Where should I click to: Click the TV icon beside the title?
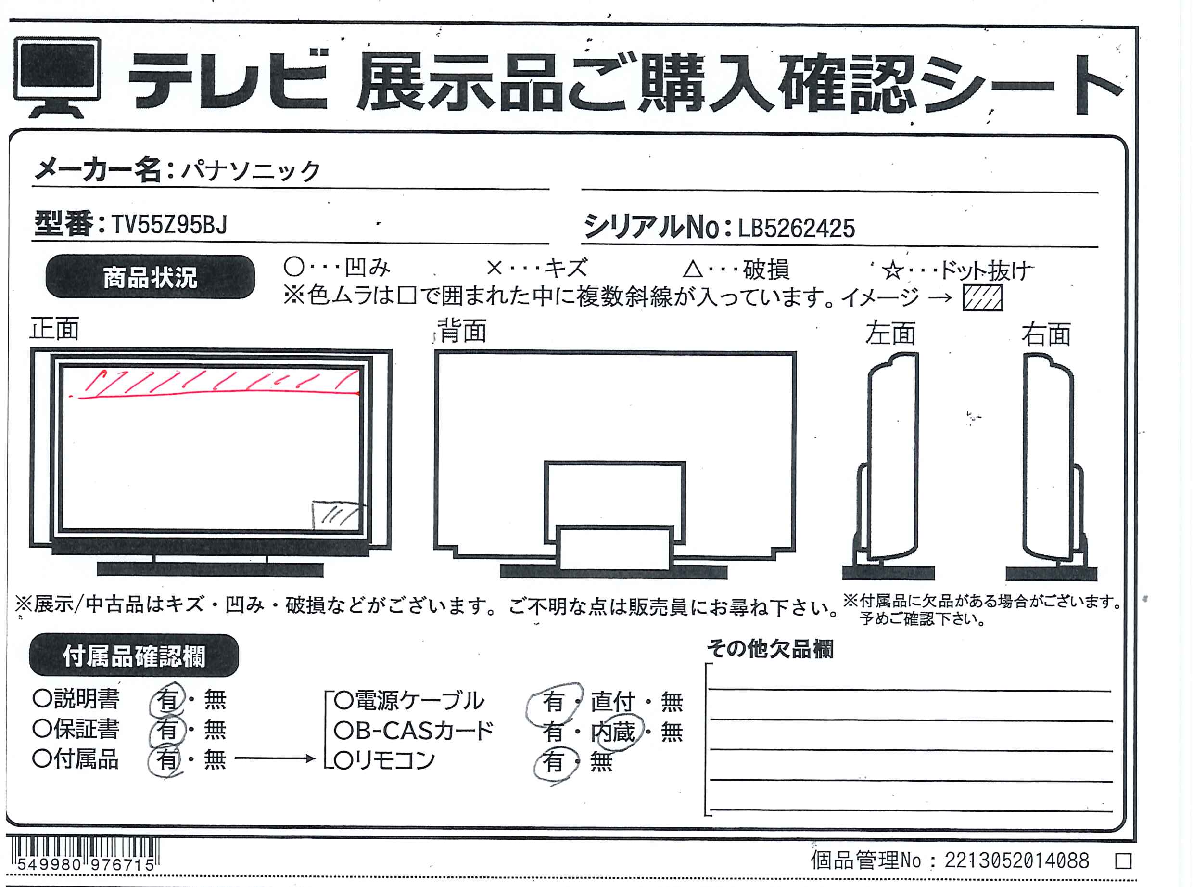pyautogui.click(x=57, y=77)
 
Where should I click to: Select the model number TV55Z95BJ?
pyautogui.click(x=170, y=224)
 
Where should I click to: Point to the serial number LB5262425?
pyautogui.click(x=796, y=228)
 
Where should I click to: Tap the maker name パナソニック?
pyautogui.click(x=250, y=171)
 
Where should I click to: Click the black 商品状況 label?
pyautogui.click(x=150, y=277)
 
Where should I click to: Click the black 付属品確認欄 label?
pyautogui.click(x=134, y=656)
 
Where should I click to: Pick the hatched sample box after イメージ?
pyautogui.click(x=983, y=297)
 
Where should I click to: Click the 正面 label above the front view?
pyautogui.click(x=54, y=329)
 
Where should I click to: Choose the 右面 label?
pyautogui.click(x=1046, y=334)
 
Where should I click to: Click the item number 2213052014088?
pyautogui.click(x=1017, y=861)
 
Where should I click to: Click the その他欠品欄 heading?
pyautogui.click(x=770, y=649)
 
